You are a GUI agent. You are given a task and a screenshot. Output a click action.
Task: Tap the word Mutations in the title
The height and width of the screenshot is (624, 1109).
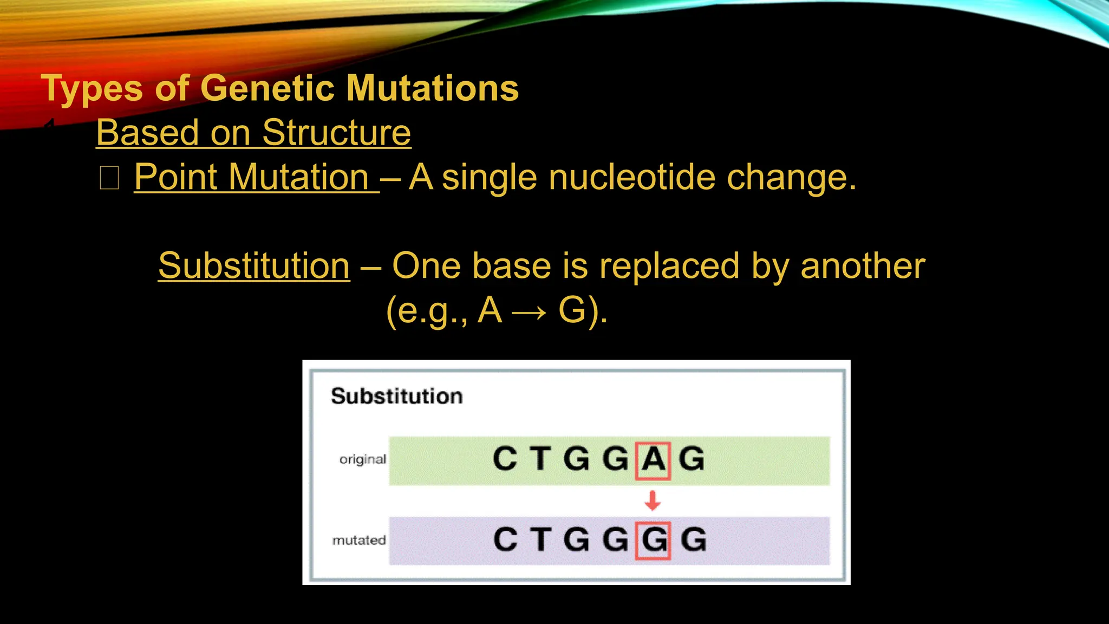[432, 88]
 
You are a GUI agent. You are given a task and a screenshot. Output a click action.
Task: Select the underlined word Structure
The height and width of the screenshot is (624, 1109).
[336, 133]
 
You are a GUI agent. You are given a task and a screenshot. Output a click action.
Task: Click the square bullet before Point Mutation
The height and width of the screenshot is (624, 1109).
[109, 178]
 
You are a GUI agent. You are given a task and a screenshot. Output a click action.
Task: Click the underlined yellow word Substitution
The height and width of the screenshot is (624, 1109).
[254, 266]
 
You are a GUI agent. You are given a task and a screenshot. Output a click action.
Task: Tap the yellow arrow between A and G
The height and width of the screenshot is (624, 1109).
[529, 313]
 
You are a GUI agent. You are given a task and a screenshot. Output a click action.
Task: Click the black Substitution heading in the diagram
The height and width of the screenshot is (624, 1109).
[397, 396]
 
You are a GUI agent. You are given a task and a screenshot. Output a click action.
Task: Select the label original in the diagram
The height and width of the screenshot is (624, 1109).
[362, 459]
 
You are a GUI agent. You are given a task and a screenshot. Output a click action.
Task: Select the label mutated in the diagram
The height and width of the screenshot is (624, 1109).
[359, 540]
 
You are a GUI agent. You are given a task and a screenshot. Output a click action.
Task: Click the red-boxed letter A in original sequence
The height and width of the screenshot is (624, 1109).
[653, 460]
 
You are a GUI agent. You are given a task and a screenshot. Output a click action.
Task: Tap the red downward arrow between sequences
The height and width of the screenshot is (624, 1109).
[653, 500]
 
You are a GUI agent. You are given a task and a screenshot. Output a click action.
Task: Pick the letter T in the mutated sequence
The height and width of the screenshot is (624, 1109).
[540, 540]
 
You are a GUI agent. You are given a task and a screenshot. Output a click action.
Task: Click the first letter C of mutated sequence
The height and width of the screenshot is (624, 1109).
[505, 540]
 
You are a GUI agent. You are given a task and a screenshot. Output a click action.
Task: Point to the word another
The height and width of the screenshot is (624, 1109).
[863, 266]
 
